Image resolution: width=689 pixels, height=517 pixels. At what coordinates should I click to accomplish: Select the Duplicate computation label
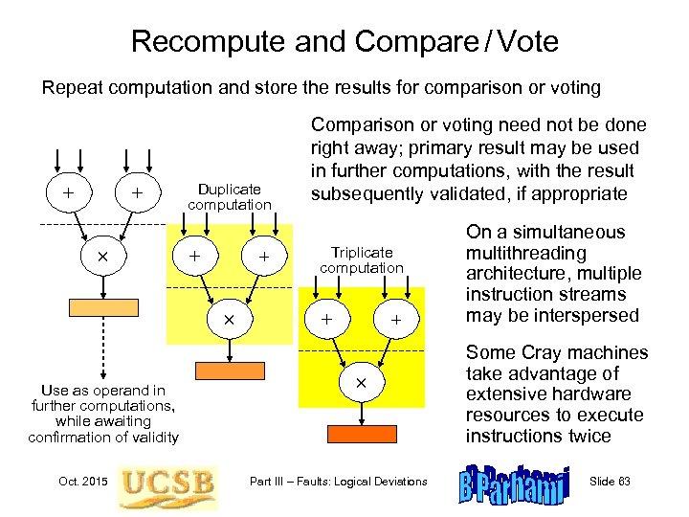[x=230, y=197]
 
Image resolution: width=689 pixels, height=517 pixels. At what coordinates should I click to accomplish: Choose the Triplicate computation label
[x=362, y=260]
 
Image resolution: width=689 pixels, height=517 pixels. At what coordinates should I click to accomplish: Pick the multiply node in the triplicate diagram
[x=362, y=382]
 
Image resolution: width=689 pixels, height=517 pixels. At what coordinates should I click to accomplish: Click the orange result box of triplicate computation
[x=362, y=433]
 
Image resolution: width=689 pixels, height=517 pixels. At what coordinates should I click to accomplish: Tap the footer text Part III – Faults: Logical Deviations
[x=337, y=481]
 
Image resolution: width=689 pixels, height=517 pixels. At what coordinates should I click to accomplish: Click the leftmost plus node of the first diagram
[x=68, y=192]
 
